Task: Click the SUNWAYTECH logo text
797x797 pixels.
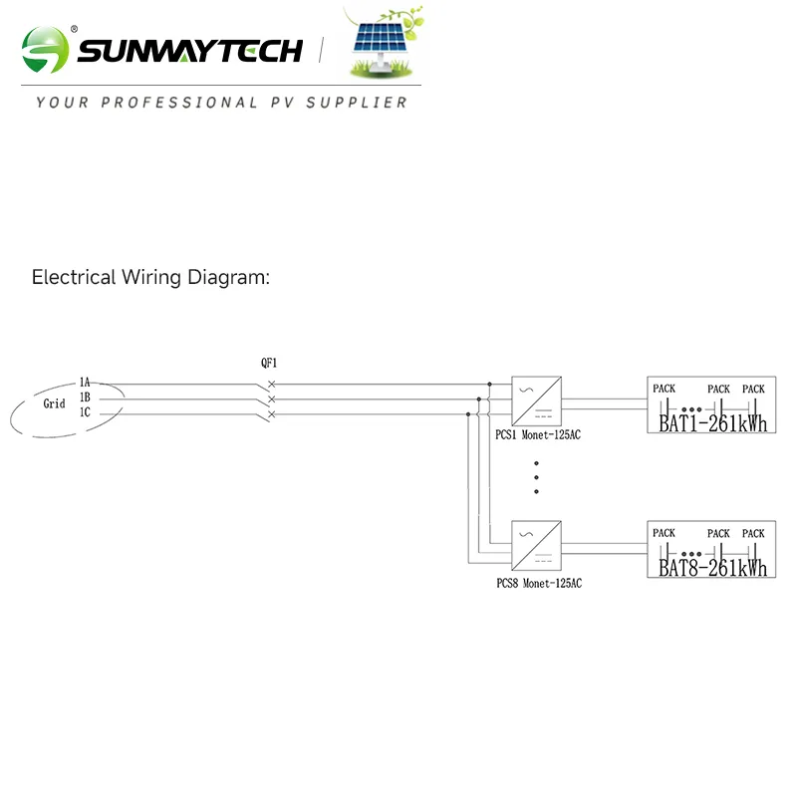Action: pos(189,50)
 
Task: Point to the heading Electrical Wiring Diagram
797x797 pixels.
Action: pos(150,277)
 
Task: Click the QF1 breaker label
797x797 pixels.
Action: pos(269,364)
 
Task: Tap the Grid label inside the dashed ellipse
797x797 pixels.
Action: pos(54,403)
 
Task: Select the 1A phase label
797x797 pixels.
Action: pos(85,383)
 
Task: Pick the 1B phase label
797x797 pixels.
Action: pos(85,398)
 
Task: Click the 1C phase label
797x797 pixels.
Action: pos(85,412)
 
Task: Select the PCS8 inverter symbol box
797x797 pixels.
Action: pos(536,544)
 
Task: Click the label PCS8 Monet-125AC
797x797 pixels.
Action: pos(539,582)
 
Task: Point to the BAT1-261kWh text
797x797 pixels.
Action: pos(713,424)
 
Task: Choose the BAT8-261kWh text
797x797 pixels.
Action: pos(713,568)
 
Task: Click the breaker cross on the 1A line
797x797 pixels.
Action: pos(271,384)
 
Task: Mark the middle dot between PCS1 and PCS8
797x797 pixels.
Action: pos(537,477)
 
